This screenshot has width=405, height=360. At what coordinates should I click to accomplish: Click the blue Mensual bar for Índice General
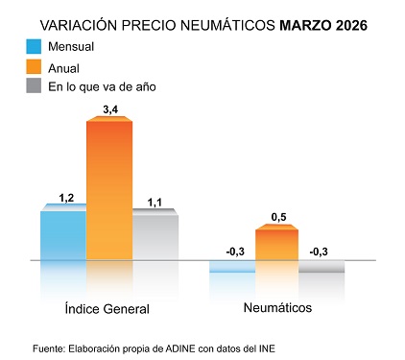[x=62, y=234]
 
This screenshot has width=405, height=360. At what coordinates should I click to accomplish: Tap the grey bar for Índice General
[x=155, y=236]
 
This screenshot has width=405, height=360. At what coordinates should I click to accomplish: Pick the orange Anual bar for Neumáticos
[x=276, y=244]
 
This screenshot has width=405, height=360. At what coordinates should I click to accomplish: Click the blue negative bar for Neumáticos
[x=231, y=266]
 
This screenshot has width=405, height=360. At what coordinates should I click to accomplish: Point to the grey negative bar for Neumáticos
[x=322, y=266]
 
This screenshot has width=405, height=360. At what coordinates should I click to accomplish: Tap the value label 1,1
[x=155, y=202]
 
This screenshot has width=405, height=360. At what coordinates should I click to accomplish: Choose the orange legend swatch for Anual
[x=34, y=67]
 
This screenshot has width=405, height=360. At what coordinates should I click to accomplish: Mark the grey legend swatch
[x=34, y=87]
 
